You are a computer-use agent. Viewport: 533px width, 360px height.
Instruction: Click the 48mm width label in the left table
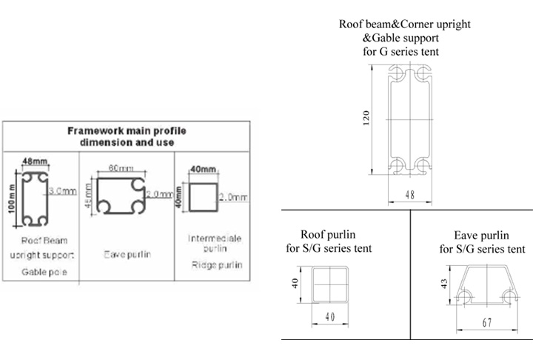pyautogui.click(x=34, y=160)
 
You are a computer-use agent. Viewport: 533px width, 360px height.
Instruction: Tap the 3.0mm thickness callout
pyautogui.click(x=63, y=191)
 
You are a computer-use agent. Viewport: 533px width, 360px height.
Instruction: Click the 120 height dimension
pyautogui.click(x=366, y=119)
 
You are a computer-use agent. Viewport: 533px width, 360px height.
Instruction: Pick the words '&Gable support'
pyautogui.click(x=405, y=38)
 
